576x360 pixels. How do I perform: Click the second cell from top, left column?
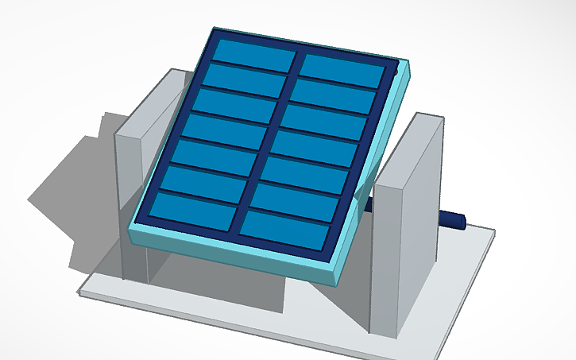coord(245,79)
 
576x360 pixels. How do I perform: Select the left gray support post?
coord(131,207)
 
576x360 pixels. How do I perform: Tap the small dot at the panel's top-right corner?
coord(395,71)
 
